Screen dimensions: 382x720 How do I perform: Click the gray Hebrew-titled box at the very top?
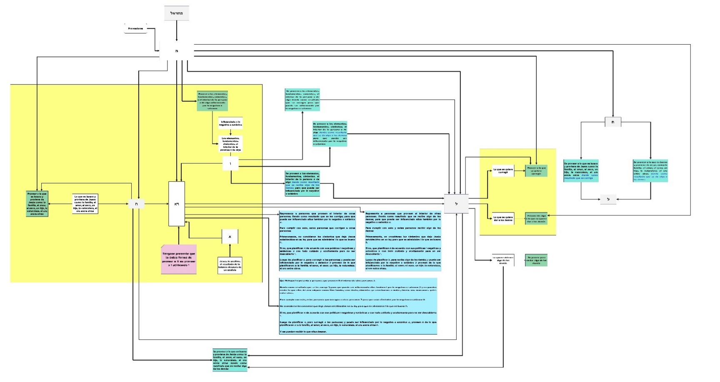176,13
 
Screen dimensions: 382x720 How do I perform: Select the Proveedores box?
135,29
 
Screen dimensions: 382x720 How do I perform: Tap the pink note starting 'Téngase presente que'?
179,259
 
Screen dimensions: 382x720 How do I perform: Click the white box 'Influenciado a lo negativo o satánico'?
230,123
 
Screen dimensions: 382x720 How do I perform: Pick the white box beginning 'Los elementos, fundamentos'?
230,144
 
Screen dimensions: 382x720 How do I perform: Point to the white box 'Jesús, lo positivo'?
230,265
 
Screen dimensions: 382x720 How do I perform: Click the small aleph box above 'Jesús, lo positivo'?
230,237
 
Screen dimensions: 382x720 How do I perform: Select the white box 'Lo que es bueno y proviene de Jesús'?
85,204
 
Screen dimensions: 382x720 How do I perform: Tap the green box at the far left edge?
37,204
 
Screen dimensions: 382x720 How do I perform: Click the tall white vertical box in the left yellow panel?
177,204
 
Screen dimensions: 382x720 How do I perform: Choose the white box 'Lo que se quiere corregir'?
503,171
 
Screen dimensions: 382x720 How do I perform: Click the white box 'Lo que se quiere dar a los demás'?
503,218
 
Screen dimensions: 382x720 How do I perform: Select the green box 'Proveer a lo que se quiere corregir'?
536,171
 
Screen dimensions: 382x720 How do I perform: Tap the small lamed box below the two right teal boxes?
608,199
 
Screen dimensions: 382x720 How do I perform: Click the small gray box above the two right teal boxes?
613,122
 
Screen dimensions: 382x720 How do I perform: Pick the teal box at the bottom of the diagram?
230,360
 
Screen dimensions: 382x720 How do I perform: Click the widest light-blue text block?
358,306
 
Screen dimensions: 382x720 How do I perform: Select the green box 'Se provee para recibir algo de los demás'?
536,260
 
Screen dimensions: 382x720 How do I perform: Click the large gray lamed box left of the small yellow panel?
456,204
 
